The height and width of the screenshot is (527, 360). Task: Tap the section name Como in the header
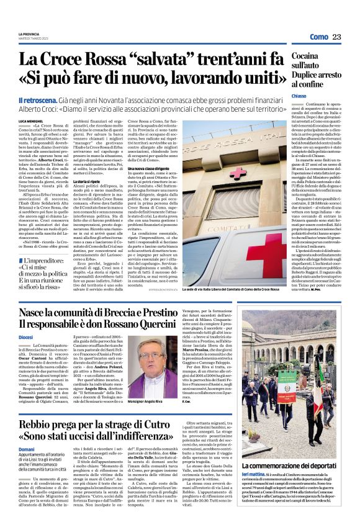click(318, 37)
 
